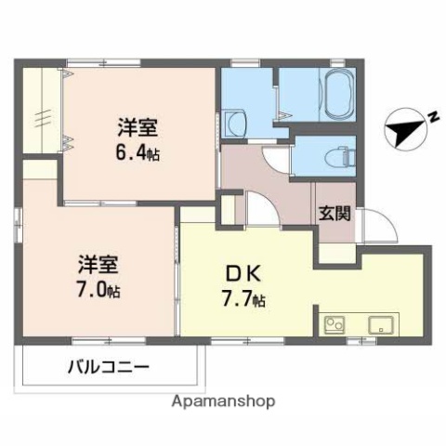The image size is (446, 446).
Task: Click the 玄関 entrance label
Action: click(336, 213)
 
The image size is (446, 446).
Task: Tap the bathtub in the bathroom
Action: click(337, 93)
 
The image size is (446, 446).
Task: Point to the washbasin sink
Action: click(232, 123)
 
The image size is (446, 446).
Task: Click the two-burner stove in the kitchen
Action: click(334, 325)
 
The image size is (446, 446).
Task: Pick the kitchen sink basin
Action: click(381, 325)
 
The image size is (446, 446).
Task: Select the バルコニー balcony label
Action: click(108, 367)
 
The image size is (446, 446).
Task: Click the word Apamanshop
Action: click(223, 401)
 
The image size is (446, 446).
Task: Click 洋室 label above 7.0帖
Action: click(98, 263)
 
